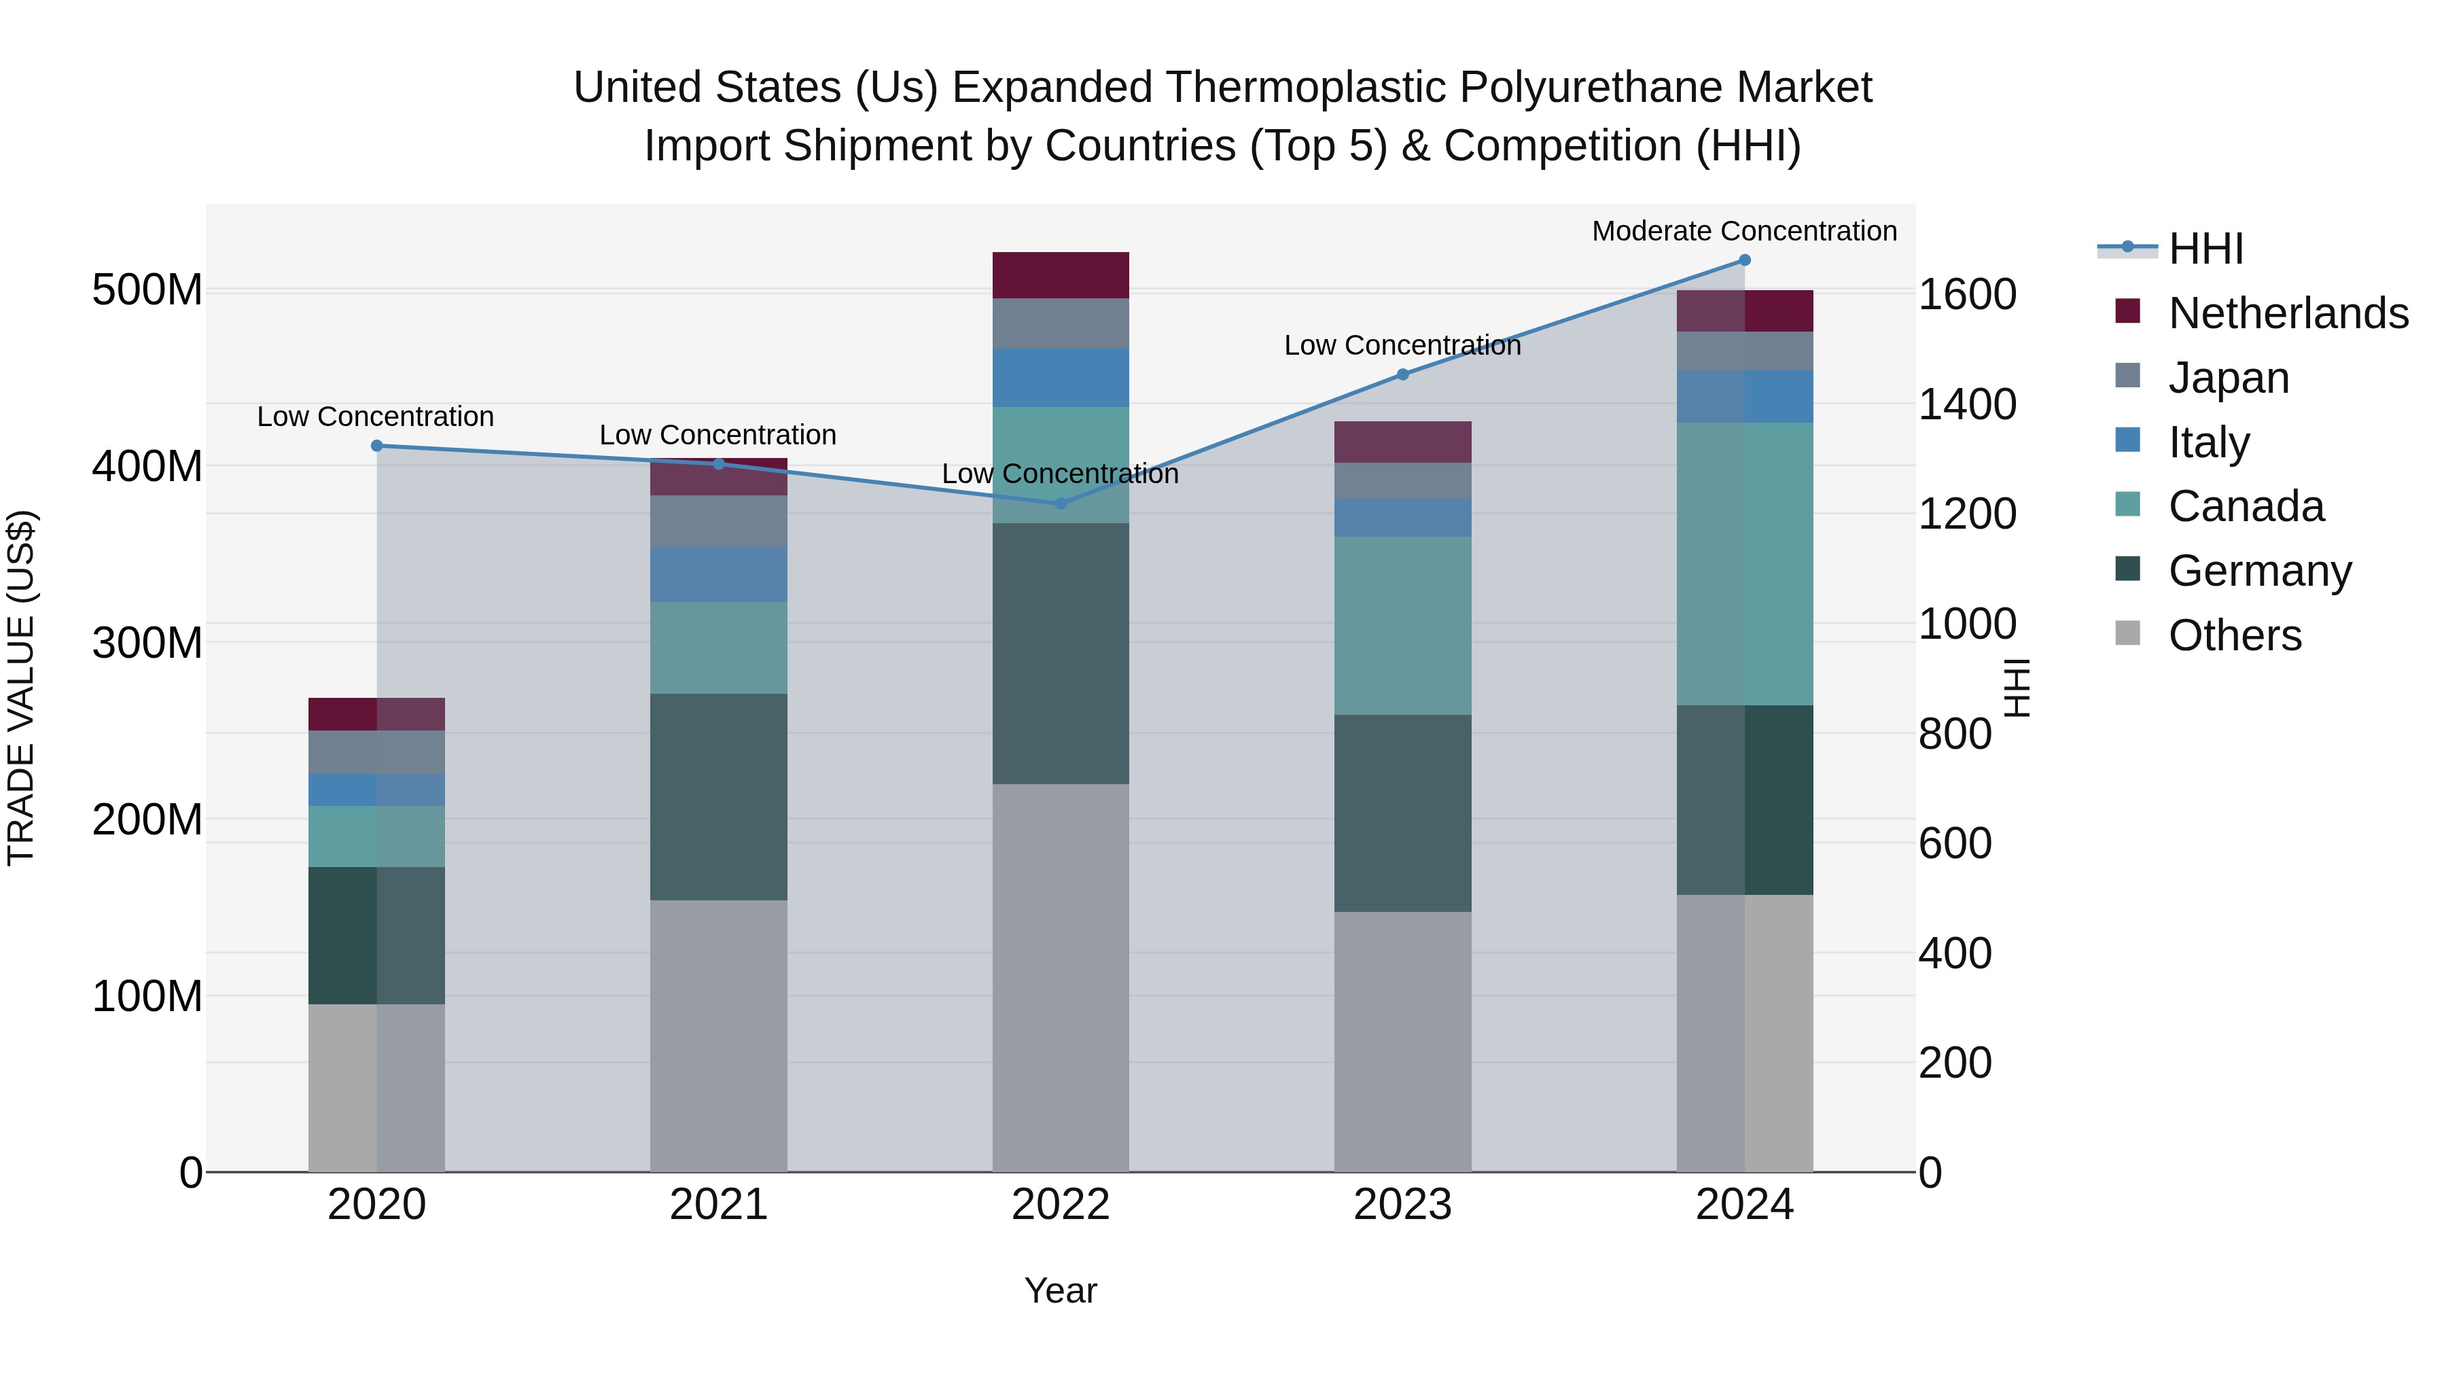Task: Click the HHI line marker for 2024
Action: click(x=1744, y=260)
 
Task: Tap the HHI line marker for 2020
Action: click(x=377, y=445)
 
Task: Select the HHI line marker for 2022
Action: click(x=1061, y=504)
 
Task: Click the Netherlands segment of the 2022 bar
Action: click(x=1061, y=275)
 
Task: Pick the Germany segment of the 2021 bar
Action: click(x=719, y=797)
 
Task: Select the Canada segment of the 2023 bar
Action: click(x=1402, y=626)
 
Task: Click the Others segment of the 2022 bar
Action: click(x=1061, y=977)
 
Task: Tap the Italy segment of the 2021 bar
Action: click(x=719, y=574)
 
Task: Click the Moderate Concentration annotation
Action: click(x=1744, y=231)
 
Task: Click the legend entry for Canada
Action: click(x=2246, y=506)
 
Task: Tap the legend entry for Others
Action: click(x=2234, y=635)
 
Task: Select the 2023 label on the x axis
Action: click(x=1402, y=1205)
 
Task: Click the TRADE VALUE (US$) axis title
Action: click(x=21, y=688)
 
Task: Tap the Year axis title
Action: click(x=1061, y=1290)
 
